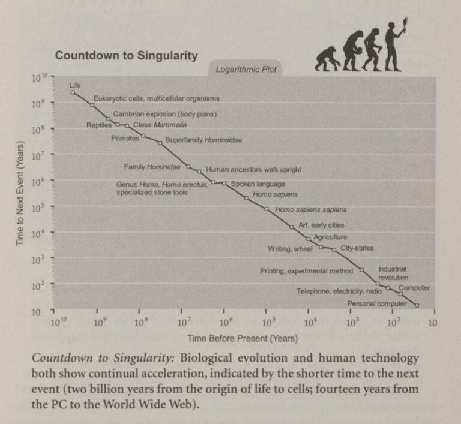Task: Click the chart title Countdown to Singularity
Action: tap(126, 56)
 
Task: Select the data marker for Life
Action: tap(73, 92)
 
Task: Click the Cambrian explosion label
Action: tap(164, 114)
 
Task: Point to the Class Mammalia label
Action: tap(160, 125)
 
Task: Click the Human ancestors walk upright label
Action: tap(253, 170)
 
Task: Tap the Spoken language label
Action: tap(258, 184)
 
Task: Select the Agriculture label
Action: tap(330, 237)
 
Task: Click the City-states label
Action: tap(357, 248)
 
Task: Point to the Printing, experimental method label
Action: tap(306, 271)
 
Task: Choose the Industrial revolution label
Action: tap(393, 273)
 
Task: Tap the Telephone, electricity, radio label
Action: tap(339, 291)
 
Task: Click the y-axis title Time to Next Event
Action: tap(20, 193)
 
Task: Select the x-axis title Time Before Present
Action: tap(243, 338)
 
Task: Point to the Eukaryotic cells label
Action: tap(156, 98)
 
